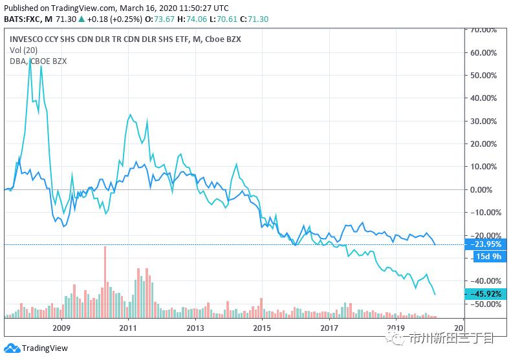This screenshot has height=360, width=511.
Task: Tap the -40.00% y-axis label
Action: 484,281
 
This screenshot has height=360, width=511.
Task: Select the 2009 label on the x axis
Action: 61,328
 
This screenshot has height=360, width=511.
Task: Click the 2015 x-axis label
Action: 262,328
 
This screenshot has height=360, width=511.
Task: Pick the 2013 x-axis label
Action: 195,328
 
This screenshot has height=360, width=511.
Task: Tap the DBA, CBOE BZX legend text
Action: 38,61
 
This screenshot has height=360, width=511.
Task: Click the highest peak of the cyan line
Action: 30,59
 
